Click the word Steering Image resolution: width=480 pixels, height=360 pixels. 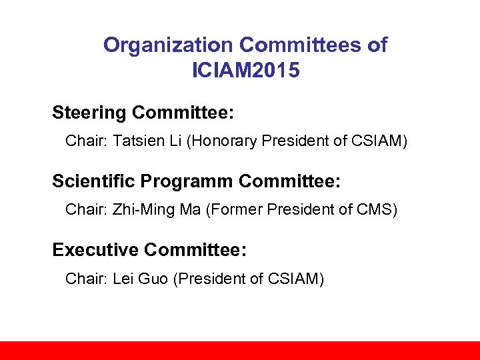point(89,113)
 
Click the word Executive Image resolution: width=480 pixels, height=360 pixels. point(95,250)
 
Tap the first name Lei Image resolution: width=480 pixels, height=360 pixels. point(124,279)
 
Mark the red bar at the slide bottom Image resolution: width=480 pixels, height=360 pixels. point(240,351)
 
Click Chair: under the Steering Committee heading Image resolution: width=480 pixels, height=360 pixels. point(85,141)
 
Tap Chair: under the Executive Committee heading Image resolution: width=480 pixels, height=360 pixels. point(85,279)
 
